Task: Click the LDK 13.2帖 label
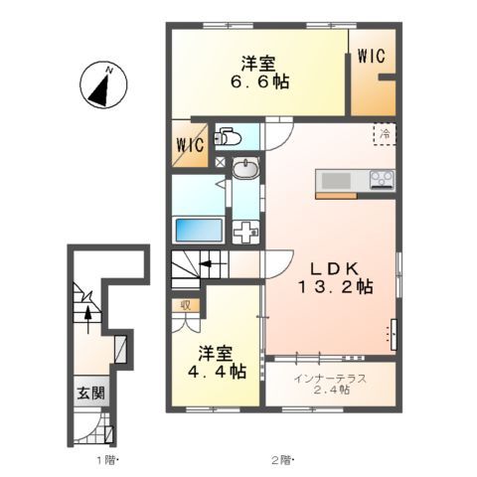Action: tap(338, 277)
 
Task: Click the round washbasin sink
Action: tap(244, 171)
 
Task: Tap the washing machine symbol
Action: tap(245, 231)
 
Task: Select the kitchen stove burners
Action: tap(382, 179)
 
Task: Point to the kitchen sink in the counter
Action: tap(332, 180)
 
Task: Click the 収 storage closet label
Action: tap(186, 306)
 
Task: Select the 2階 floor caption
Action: tap(281, 459)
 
